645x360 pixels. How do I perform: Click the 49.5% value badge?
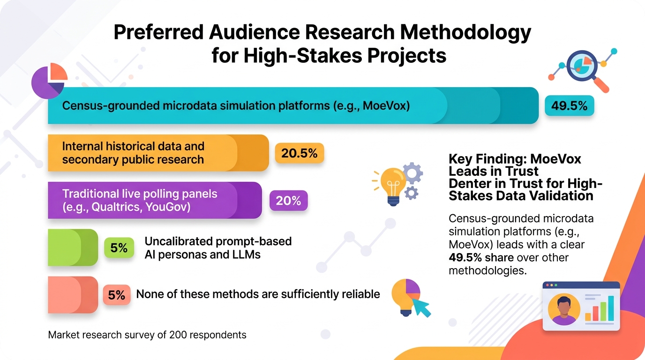click(569, 105)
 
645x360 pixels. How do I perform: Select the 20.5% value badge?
click(300, 153)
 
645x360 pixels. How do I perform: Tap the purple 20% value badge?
click(289, 201)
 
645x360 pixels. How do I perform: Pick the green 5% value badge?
click(119, 247)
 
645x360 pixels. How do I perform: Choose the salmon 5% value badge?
click(117, 295)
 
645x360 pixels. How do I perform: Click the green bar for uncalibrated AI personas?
click(73, 247)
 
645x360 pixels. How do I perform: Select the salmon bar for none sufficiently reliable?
click(73, 295)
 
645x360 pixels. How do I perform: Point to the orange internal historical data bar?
click(158, 153)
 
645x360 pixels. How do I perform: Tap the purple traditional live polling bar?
click(155, 200)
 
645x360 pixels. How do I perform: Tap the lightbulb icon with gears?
click(397, 184)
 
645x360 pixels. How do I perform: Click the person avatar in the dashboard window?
click(564, 309)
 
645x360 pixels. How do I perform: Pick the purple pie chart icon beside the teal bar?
click(49, 81)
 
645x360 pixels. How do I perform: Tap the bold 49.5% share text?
click(481, 257)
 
